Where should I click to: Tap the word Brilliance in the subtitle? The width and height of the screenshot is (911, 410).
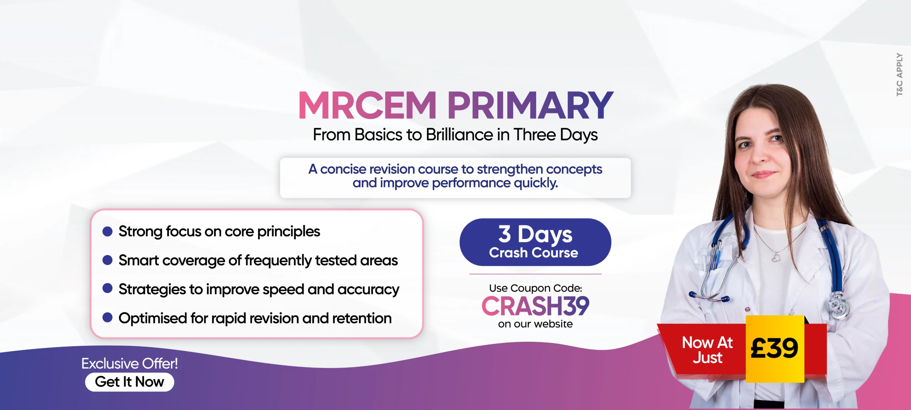coord(460,135)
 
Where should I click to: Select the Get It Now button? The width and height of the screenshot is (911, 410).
coord(130,382)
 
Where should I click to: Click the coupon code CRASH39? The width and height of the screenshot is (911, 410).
coord(535,306)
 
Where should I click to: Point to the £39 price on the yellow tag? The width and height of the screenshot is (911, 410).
coord(774,348)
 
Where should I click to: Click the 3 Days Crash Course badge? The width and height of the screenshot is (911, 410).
coord(535,242)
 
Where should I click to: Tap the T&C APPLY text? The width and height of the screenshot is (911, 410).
coord(899,74)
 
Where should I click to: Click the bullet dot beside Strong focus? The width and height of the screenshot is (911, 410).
coord(107,232)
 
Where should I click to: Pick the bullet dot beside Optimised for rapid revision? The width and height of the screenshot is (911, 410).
coord(107,317)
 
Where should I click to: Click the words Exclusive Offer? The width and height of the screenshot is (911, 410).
coord(130,364)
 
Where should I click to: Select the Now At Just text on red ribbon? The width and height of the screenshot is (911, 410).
coord(707,350)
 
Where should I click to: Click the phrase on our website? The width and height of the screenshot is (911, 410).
coord(535,324)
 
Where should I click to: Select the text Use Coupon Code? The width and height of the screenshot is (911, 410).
coord(536,288)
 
